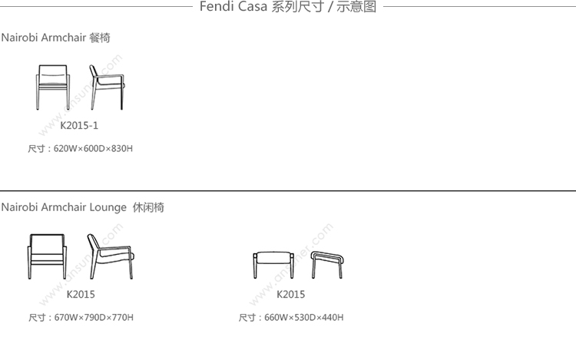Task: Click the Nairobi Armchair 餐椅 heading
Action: pyautogui.click(x=55, y=38)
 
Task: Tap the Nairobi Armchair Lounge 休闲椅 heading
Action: pyautogui.click(x=82, y=207)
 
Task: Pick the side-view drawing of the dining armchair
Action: pyautogui.click(x=105, y=86)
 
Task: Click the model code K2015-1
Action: pyautogui.click(x=79, y=125)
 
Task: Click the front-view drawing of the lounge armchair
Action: pyautogui.click(x=50, y=256)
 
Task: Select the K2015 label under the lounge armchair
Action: pyautogui.click(x=81, y=294)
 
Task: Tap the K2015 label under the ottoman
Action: pyautogui.click(x=290, y=294)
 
